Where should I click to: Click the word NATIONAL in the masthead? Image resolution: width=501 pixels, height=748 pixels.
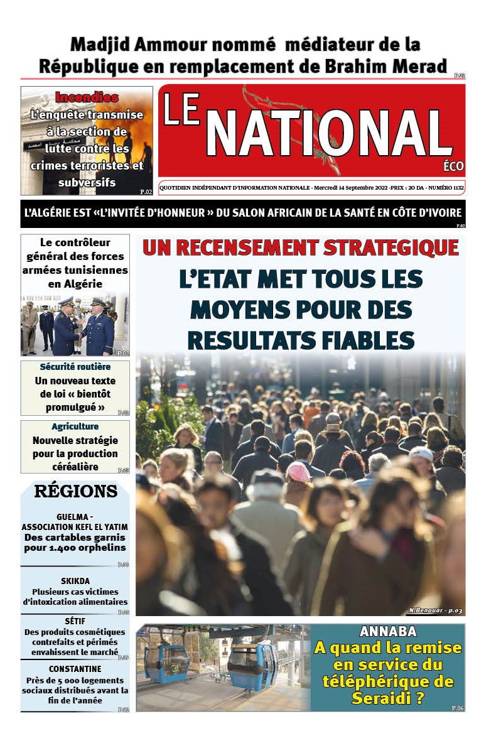[x=328, y=134]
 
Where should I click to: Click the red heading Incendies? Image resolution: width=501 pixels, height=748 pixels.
[x=87, y=97]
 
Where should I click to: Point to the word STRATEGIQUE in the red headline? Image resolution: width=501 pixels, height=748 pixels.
[x=391, y=247]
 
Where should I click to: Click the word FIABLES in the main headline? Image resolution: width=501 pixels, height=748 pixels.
[x=364, y=340]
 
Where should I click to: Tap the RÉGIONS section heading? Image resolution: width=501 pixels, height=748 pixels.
[x=75, y=491]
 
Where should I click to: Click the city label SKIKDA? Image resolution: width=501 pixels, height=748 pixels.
[x=75, y=580]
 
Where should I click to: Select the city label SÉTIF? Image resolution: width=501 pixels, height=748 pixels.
[x=75, y=621]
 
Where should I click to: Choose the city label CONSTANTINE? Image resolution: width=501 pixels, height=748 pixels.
[x=75, y=669]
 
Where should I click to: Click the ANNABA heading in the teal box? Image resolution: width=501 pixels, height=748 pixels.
[x=388, y=632]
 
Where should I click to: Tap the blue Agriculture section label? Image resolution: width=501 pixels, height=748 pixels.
[x=75, y=426]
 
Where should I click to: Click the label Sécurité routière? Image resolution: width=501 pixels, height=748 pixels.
[x=75, y=367]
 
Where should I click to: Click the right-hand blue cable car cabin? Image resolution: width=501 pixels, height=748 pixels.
[x=252, y=665]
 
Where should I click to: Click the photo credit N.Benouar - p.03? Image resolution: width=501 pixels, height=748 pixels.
[x=435, y=610]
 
